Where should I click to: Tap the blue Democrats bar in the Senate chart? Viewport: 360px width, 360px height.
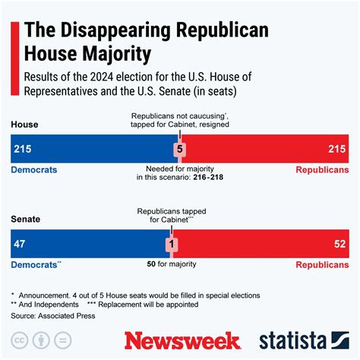coord(91,245)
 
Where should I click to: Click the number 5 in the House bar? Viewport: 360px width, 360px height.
coord(179,149)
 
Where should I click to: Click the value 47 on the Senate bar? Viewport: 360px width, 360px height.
coord(21,245)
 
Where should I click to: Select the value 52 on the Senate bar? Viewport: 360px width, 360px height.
coord(339,245)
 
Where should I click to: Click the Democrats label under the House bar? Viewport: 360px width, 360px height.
coord(34,169)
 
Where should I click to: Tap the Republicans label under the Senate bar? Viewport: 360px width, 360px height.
coord(323,266)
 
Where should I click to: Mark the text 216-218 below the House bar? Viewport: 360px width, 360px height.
coord(208,176)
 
